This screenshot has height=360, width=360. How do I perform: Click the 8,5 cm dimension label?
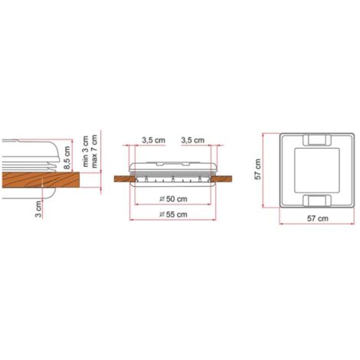67,158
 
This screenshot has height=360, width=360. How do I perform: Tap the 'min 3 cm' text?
85,151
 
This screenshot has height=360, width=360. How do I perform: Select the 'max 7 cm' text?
94,151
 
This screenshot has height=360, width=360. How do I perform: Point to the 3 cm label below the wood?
38,209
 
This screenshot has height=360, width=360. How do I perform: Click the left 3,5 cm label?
153,140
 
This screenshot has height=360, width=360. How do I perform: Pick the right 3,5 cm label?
193,140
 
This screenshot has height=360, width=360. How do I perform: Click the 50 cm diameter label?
173,199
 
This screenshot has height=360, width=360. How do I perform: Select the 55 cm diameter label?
173,214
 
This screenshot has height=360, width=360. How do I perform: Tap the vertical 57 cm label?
258,169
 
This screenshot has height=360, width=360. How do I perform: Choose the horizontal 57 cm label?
317,218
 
